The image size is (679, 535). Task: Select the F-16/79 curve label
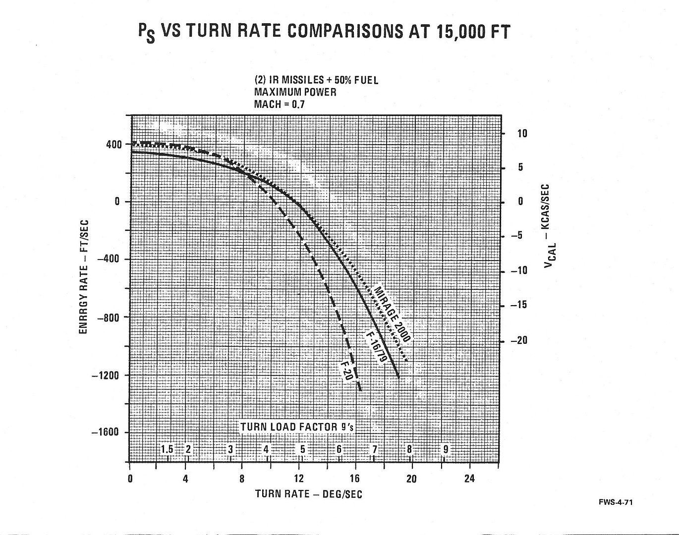click(x=377, y=347)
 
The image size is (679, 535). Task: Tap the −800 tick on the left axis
click(x=109, y=317)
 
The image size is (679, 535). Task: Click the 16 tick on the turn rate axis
click(x=355, y=479)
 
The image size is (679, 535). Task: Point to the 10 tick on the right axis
click(x=523, y=134)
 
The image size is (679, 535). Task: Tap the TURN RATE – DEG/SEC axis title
click(x=308, y=494)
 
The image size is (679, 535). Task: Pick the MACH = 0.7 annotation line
click(x=279, y=104)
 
